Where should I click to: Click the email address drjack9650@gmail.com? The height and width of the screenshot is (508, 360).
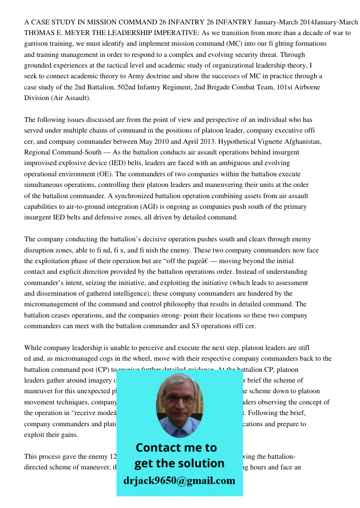click(179, 481)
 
